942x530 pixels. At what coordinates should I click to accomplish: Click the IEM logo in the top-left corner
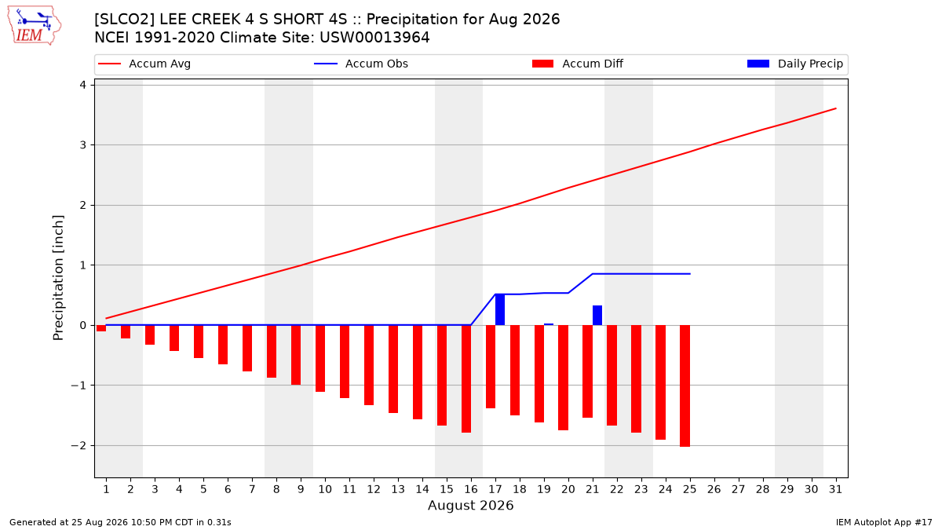point(35,26)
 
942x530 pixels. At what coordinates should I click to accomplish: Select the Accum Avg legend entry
point(144,64)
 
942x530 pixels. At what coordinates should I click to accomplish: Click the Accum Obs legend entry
point(361,64)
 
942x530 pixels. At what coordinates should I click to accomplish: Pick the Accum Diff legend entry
point(578,64)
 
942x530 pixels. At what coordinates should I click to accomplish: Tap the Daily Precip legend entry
point(794,64)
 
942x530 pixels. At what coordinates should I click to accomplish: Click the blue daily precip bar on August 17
point(500,309)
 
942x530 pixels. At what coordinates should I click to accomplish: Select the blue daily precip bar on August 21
point(597,316)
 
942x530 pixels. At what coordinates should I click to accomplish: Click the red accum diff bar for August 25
point(685,386)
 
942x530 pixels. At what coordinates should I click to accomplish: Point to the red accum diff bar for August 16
point(466,379)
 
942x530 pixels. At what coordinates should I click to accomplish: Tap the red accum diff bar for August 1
point(101,328)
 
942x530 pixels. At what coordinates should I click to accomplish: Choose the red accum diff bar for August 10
point(320,358)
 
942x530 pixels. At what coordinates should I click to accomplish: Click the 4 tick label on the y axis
point(83,85)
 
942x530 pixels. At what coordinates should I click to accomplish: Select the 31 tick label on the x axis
point(835,489)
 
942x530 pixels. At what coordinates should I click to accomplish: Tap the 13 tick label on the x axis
point(398,489)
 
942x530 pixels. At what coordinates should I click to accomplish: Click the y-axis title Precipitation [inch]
point(58,278)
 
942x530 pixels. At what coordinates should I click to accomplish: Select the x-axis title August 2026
point(470,505)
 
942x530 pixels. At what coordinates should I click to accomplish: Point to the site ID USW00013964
point(374,38)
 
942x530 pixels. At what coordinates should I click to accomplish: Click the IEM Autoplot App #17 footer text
point(884,522)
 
